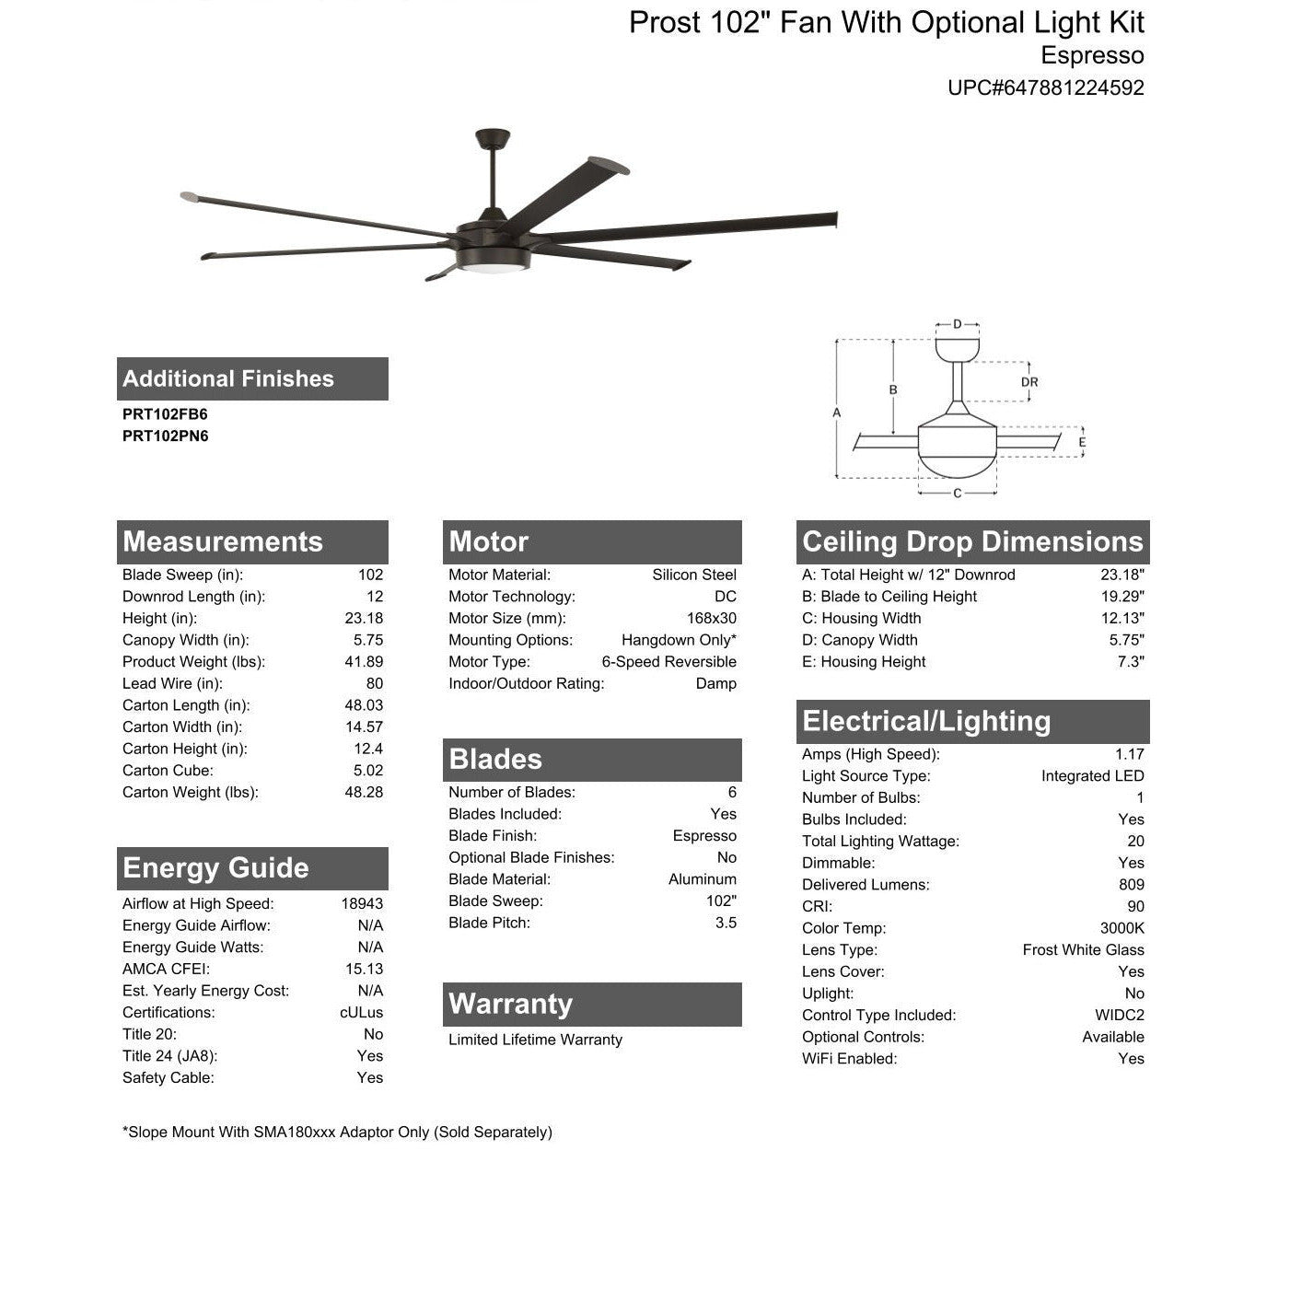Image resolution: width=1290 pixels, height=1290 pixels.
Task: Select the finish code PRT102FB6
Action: [165, 414]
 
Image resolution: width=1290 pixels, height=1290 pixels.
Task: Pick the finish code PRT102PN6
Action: [165, 436]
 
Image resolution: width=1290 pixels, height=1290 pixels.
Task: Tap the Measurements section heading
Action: [223, 541]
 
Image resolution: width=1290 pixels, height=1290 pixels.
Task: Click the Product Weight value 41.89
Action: [364, 662]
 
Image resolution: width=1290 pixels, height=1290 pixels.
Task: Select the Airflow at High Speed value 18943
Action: [362, 904]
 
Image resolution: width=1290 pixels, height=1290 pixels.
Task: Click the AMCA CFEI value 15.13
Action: [364, 970]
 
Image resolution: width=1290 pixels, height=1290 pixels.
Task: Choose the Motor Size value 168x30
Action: [712, 619]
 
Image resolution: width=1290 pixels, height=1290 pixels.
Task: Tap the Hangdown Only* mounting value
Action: [679, 640]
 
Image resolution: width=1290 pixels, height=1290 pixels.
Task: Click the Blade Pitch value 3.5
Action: [726, 923]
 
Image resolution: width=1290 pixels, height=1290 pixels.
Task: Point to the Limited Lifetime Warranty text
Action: [535, 1040]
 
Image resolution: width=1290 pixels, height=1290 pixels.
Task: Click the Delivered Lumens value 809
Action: [1132, 885]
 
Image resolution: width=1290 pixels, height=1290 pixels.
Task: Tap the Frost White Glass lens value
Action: [1083, 950]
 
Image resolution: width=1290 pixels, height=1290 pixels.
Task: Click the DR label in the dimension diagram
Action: [1029, 382]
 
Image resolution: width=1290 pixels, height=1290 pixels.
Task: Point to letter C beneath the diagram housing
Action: [958, 494]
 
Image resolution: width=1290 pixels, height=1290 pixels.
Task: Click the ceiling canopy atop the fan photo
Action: [493, 138]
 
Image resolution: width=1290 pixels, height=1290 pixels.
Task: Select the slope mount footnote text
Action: [337, 1133]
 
